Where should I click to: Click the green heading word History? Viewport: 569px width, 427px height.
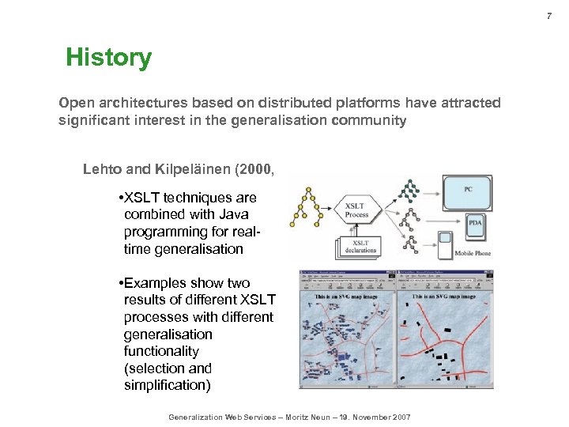(x=108, y=58)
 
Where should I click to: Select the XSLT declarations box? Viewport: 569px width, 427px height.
(x=360, y=246)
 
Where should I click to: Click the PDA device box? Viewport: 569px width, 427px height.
(x=474, y=224)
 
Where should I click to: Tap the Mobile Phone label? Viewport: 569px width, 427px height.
(x=473, y=253)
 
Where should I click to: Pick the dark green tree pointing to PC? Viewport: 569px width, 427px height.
(x=409, y=190)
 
